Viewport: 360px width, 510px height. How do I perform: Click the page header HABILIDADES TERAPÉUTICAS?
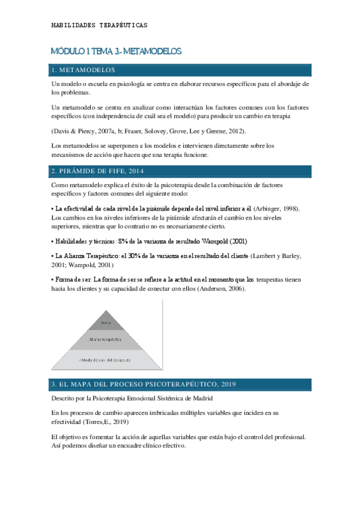(99, 25)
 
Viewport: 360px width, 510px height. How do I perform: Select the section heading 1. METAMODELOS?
(83, 70)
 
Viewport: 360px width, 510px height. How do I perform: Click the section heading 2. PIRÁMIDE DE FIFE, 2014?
(106, 172)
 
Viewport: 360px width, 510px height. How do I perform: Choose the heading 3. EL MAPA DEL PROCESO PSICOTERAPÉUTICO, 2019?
(144, 384)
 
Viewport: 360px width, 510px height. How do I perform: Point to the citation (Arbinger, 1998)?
(276, 208)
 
